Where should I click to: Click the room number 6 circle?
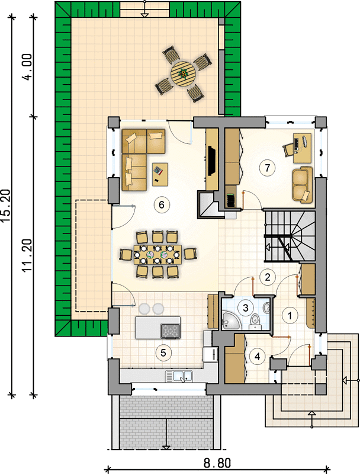[161, 205]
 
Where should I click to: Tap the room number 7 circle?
[267, 168]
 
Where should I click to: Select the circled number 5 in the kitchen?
[163, 353]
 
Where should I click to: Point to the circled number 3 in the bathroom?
[246, 308]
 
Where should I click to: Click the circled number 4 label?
[258, 357]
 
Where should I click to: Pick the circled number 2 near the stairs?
[267, 277]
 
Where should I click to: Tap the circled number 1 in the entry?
[290, 316]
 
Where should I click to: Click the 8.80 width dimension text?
[217, 463]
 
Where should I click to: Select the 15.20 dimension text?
[6, 206]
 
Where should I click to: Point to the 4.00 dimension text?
[27, 67]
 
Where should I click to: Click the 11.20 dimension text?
[27, 255]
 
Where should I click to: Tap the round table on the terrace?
[183, 73]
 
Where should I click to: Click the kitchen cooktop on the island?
[171, 331]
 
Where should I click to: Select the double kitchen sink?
[179, 376]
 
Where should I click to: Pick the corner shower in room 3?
[232, 321]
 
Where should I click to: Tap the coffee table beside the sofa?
[160, 174]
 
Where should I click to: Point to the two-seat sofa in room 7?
[303, 184]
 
